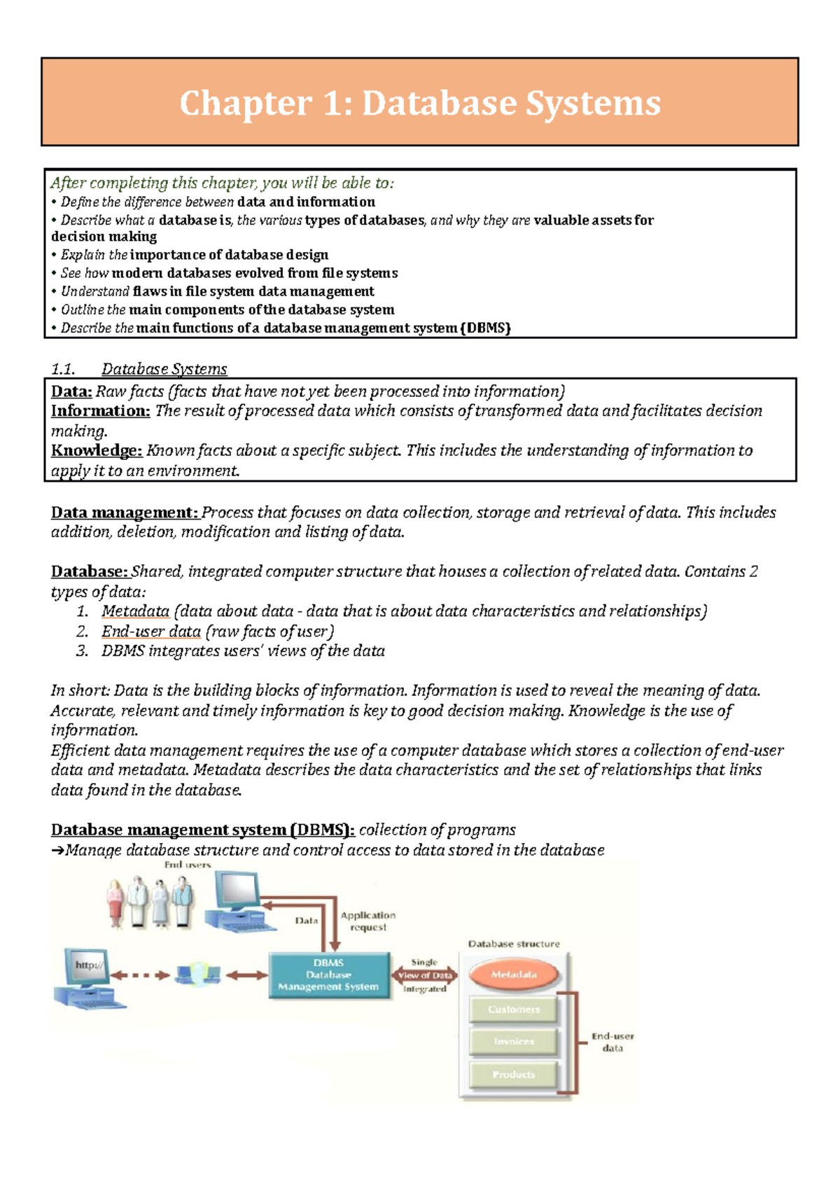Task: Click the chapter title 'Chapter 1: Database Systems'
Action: [420, 103]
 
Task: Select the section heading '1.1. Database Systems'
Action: [139, 369]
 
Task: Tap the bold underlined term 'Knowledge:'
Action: [97, 450]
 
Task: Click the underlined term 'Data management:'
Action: [125, 513]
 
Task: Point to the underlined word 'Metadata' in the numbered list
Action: [135, 611]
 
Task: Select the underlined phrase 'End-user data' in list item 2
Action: [151, 632]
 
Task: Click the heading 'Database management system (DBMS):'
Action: [203, 830]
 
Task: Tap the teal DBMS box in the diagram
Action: [328, 975]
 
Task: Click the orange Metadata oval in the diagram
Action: [514, 975]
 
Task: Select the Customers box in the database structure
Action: [514, 1010]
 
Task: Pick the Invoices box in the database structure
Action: [514, 1042]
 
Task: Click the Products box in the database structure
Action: [514, 1075]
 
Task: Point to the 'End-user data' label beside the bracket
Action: [612, 1042]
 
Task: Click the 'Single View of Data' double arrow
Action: [425, 975]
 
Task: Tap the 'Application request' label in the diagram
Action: [368, 921]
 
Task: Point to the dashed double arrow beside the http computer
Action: [140, 975]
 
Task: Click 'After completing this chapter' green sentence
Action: [222, 183]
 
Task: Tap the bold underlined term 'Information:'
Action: [100, 411]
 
